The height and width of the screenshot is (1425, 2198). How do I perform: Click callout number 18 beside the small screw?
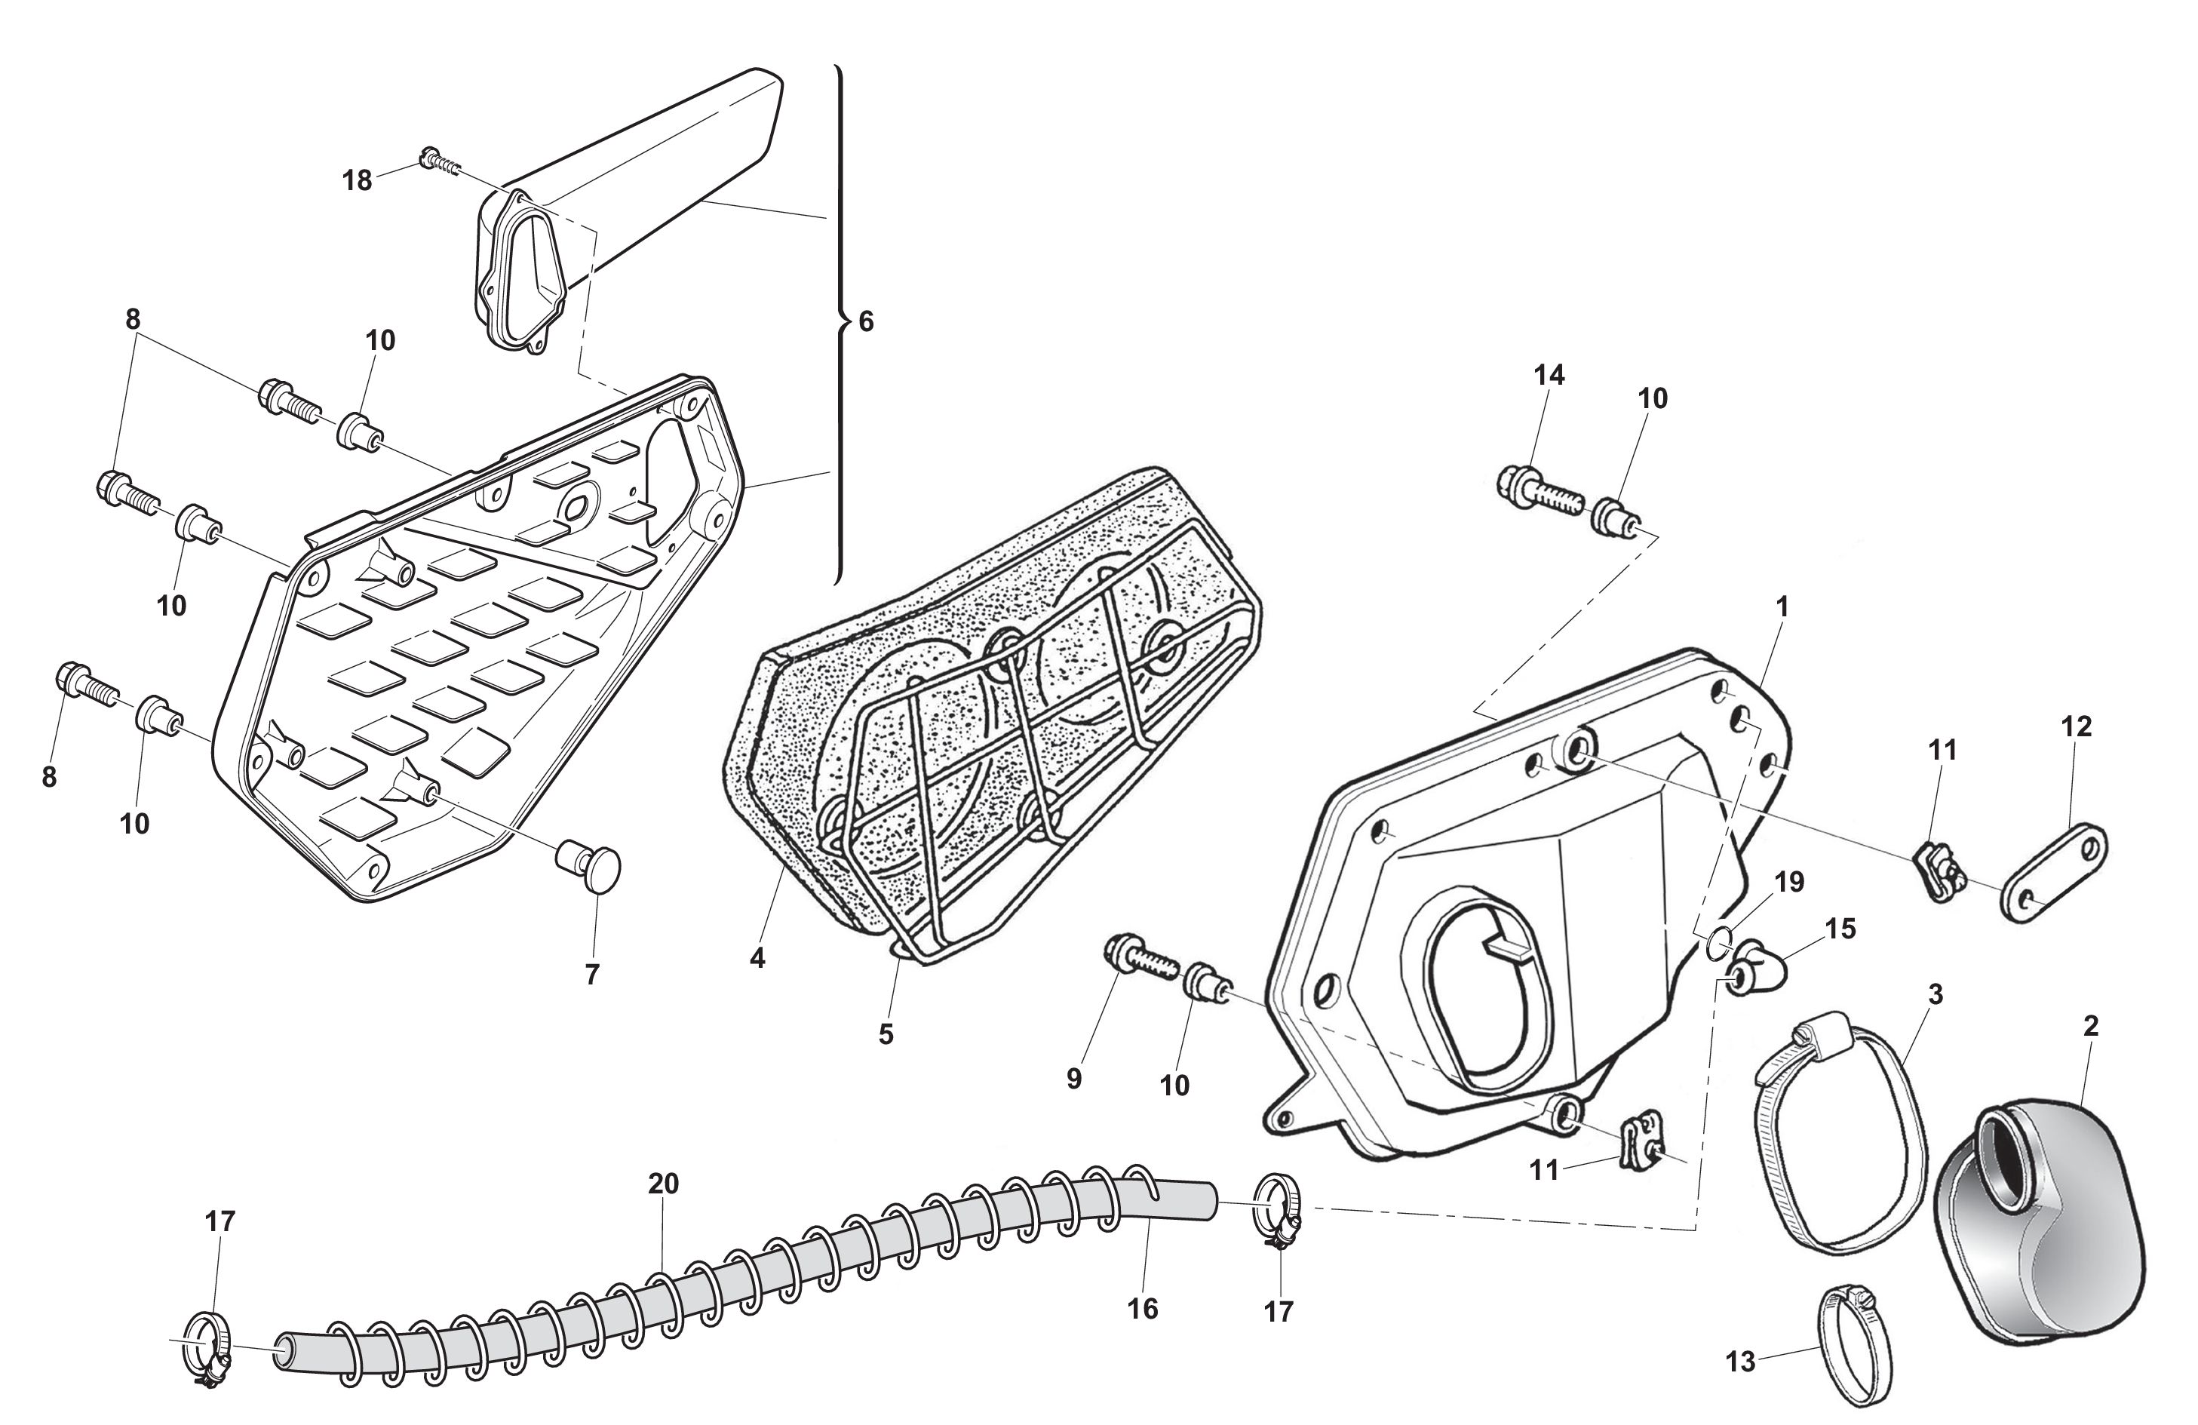357,180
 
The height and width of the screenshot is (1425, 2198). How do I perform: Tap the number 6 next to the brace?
865,321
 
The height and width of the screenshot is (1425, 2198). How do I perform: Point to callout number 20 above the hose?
663,1183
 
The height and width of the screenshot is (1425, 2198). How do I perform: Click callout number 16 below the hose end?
1143,1308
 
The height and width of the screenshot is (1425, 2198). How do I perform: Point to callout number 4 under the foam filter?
757,959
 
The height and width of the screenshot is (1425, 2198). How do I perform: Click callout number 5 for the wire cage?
886,1034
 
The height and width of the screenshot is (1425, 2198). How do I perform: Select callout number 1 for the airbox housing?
1782,607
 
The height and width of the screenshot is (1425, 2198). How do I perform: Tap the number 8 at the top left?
133,320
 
